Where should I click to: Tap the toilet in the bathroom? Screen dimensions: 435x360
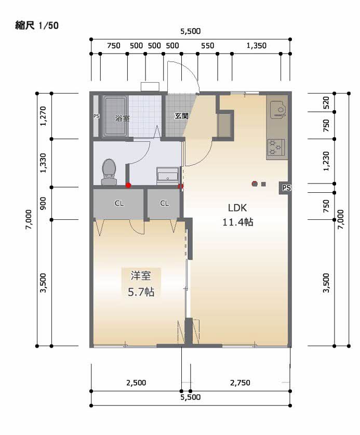109,171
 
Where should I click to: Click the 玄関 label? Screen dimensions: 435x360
181,116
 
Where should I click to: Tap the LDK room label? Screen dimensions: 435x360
237,207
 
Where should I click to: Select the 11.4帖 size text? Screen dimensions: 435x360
238,222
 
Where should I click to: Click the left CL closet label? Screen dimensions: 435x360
119,203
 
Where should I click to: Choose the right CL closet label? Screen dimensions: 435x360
164,203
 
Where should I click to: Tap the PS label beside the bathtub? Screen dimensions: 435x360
96,116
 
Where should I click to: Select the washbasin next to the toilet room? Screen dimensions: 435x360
168,175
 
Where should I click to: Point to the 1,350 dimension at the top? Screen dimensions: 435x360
256,46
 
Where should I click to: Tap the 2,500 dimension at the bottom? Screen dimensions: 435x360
136,383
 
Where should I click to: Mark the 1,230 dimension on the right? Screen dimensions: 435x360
326,161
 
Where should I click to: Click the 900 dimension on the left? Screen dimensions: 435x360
43,203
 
